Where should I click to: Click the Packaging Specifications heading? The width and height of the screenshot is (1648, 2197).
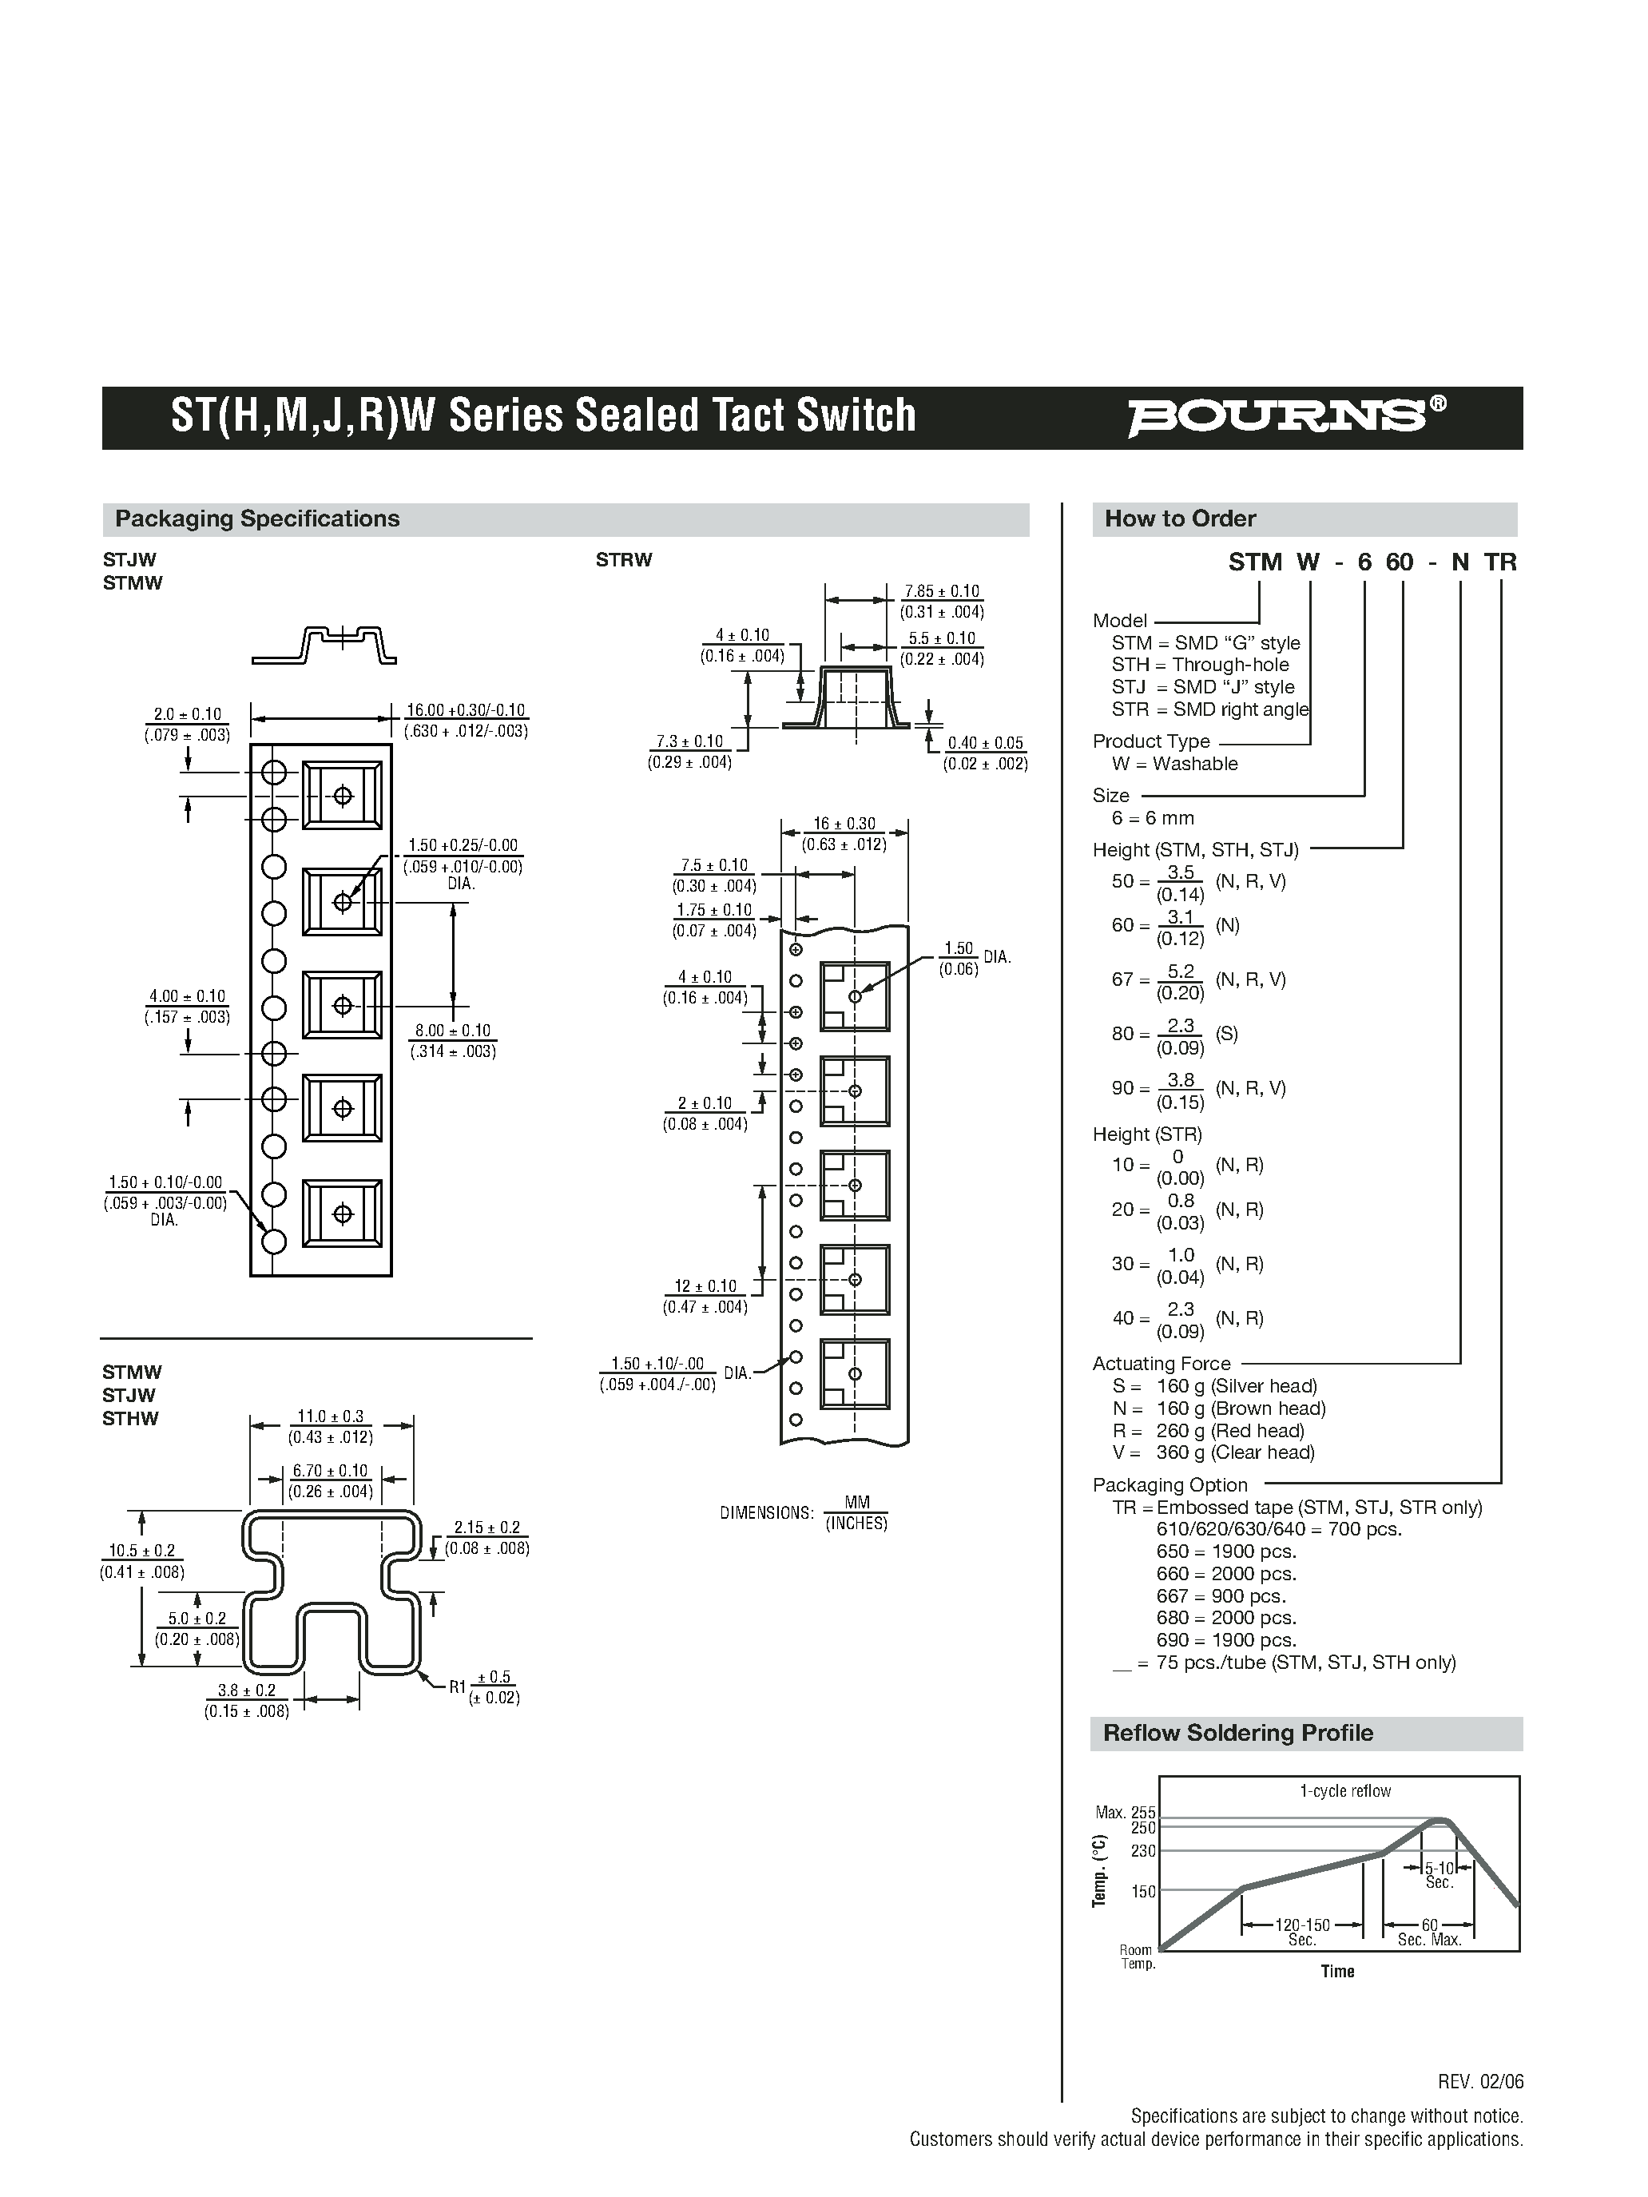tap(257, 518)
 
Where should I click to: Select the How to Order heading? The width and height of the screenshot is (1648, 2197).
tap(1180, 518)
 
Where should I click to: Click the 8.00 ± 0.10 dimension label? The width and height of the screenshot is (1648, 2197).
tap(452, 1031)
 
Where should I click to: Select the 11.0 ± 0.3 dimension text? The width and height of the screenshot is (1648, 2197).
tap(331, 1416)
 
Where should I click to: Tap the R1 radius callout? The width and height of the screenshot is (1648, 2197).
tap(458, 1686)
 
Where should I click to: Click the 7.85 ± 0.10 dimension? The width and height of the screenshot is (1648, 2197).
tap(942, 592)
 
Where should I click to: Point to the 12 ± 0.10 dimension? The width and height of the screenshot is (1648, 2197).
tap(706, 1286)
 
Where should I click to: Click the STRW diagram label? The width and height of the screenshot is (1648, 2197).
tap(624, 560)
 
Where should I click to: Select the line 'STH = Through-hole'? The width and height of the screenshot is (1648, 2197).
tap(1200, 665)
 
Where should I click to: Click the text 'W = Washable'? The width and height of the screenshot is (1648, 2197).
tap(1175, 764)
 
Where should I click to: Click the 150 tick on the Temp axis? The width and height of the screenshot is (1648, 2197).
tap(1143, 1892)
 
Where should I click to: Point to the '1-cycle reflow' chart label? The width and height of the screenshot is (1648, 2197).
tap(1345, 1791)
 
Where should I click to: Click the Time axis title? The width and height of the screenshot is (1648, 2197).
tap(1337, 1972)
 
